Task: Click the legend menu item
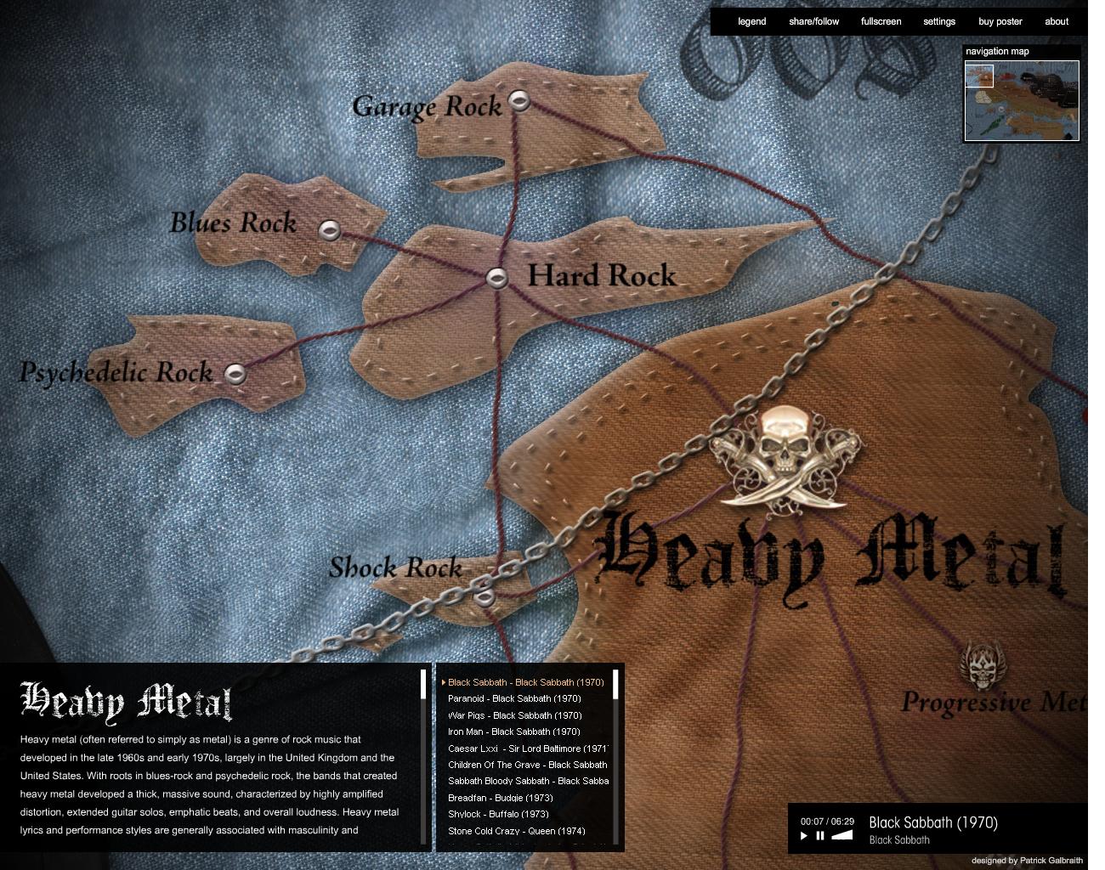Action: (751, 22)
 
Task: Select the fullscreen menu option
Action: (881, 22)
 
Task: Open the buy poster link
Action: (1000, 22)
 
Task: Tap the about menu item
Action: (1057, 22)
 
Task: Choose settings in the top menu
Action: (939, 22)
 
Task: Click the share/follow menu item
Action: (813, 22)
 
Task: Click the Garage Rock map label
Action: (427, 107)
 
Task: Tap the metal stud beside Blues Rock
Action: (329, 229)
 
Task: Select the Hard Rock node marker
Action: (497, 277)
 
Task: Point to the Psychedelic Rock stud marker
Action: (235, 373)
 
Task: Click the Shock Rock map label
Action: (395, 568)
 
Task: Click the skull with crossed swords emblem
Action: (784, 459)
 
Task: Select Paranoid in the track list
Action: (514, 699)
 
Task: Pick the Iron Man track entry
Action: (513, 732)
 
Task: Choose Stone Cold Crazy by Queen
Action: (516, 831)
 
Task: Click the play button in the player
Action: (804, 836)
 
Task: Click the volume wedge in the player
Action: (841, 835)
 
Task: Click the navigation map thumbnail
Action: (1022, 100)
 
